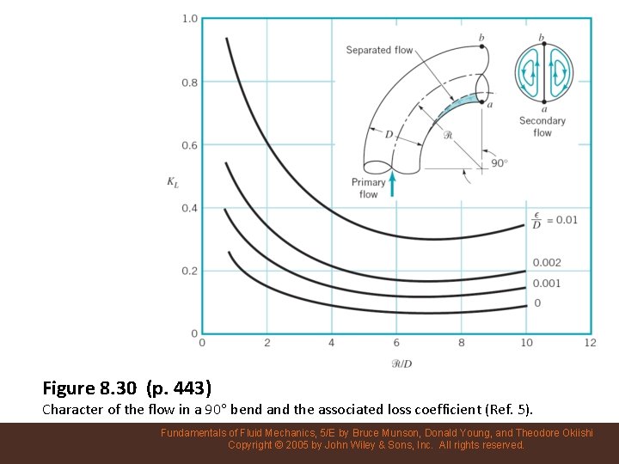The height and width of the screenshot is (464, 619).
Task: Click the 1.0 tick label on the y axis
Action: click(x=189, y=19)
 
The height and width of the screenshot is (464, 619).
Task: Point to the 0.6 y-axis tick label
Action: click(x=189, y=145)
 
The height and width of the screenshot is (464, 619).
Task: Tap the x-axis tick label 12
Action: click(x=590, y=343)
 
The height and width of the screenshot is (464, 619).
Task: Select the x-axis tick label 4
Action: click(x=332, y=343)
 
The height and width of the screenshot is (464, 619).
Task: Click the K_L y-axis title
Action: click(x=173, y=181)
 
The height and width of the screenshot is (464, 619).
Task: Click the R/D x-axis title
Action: click(x=401, y=363)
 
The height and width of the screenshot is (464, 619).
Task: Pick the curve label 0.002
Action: click(x=547, y=263)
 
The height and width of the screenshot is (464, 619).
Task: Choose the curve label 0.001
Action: click(x=547, y=284)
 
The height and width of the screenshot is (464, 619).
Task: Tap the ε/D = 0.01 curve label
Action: click(x=555, y=220)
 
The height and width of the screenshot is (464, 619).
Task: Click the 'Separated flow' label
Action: click(x=379, y=50)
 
